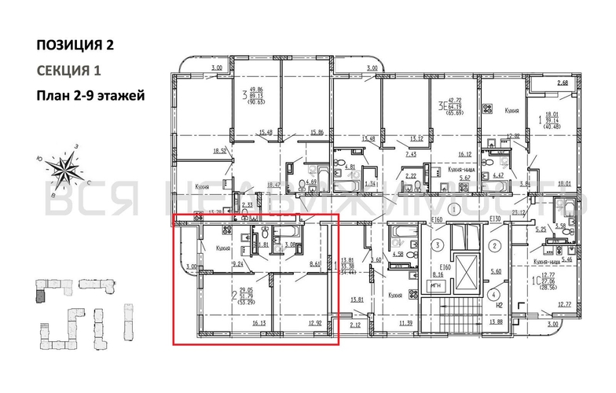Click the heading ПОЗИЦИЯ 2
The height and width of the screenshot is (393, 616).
(75, 44)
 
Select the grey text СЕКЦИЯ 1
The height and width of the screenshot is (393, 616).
(69, 71)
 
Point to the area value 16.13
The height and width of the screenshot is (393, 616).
(238, 321)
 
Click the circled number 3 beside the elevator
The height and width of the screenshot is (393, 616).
(434, 245)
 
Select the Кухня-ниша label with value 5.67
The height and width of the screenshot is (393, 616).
(464, 173)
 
